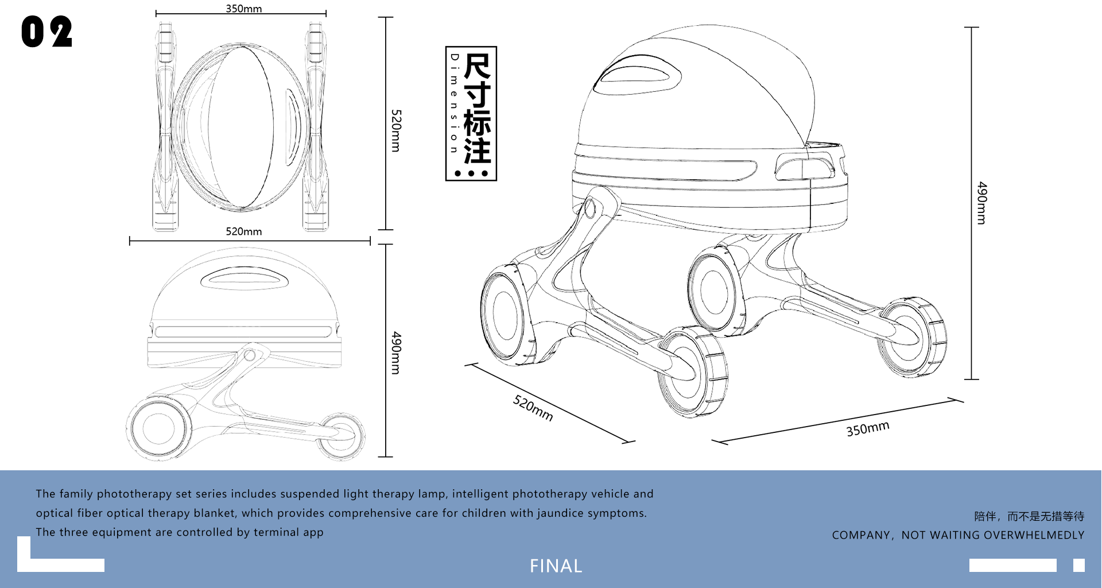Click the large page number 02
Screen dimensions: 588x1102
[x=46, y=32]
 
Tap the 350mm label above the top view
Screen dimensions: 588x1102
[x=243, y=9]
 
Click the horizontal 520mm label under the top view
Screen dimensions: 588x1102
[x=243, y=231]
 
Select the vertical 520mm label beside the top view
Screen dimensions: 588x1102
[x=396, y=130]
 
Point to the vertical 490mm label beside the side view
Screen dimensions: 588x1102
[x=396, y=353]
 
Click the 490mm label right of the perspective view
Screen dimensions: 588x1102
[x=982, y=203]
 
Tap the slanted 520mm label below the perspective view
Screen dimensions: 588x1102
[x=533, y=408]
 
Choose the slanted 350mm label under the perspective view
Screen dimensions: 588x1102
[x=867, y=428]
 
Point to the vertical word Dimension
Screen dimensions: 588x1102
[x=455, y=103]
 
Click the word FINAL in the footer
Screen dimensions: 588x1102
[x=556, y=566]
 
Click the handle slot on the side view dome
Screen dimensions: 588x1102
[x=245, y=278]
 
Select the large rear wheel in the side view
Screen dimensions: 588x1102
[x=158, y=428]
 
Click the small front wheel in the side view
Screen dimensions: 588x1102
[x=342, y=435]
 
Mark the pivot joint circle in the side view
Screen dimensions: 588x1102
[x=249, y=355]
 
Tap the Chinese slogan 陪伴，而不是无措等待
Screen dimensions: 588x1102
[x=1029, y=516]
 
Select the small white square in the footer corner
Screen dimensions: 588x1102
[x=1078, y=565]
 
